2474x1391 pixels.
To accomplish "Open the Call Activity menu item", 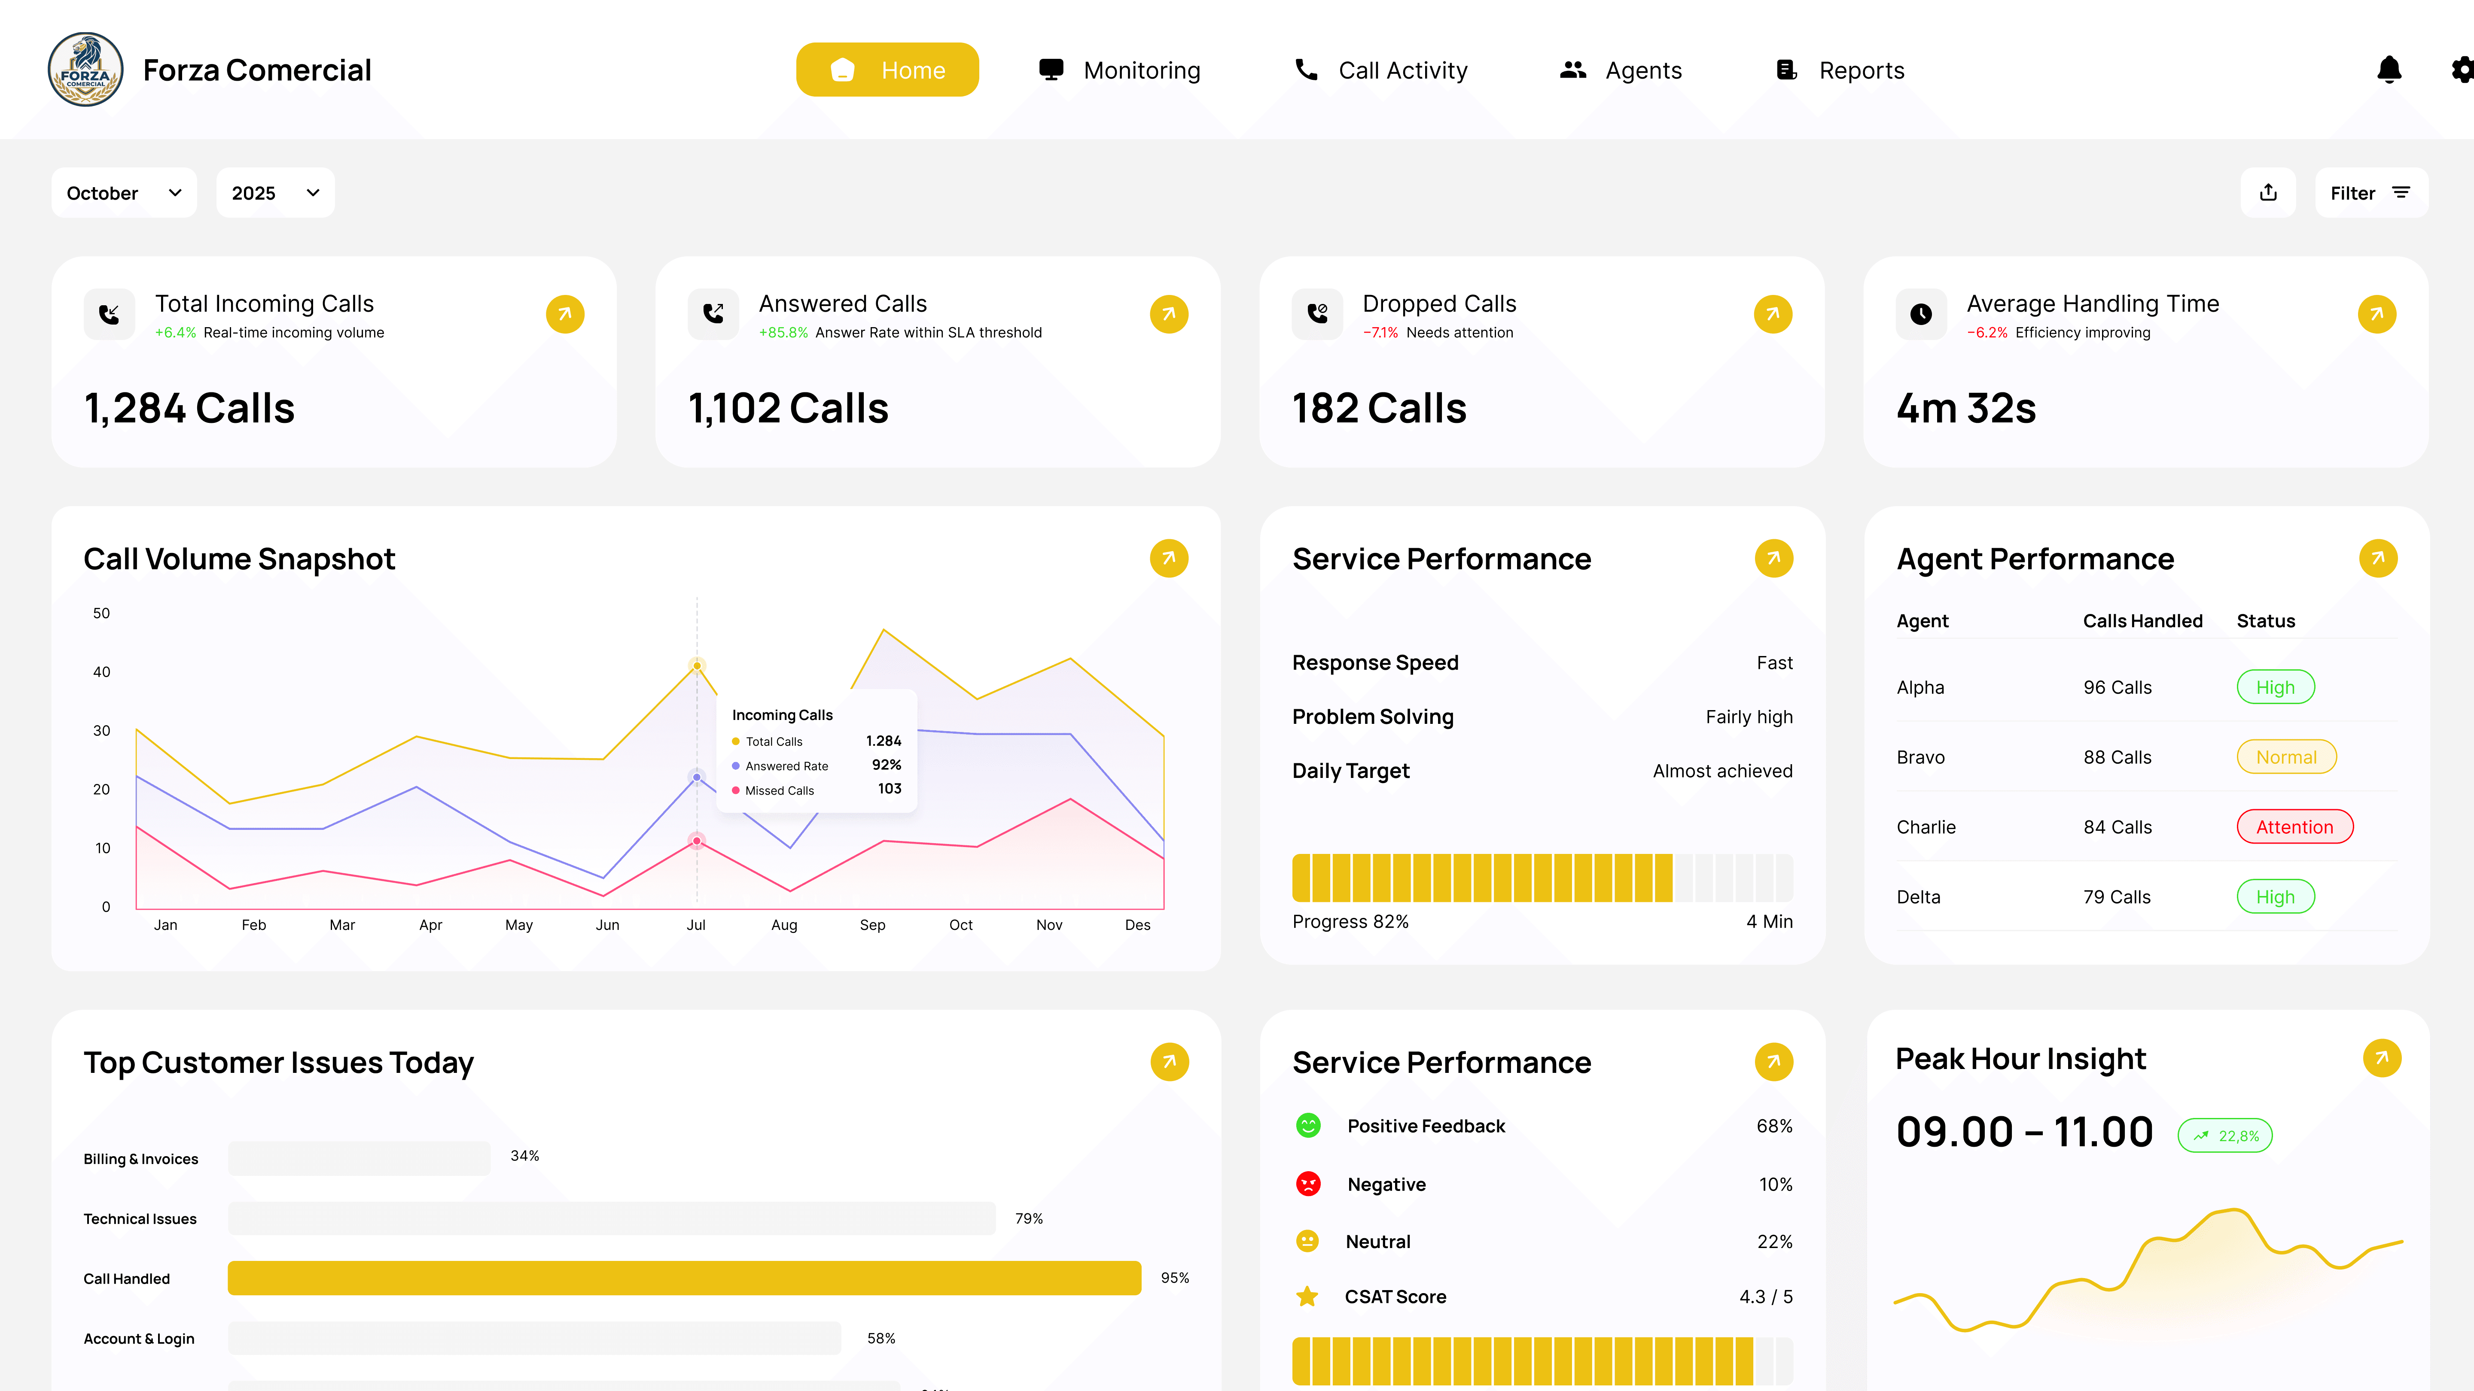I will (1381, 70).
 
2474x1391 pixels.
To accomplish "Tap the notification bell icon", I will (2389, 70).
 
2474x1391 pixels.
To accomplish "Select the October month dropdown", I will (124, 193).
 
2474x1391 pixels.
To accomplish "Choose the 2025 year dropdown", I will (275, 193).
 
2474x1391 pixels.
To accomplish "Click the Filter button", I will (2370, 193).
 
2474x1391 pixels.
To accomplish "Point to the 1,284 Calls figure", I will (189, 408).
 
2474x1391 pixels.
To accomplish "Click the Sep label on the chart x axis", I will (872, 924).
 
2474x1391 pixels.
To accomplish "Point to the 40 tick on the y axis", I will (102, 672).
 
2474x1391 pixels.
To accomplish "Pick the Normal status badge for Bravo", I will (2286, 757).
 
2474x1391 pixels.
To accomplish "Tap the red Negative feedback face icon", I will (1308, 1184).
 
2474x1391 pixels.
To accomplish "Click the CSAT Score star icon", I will (1307, 1297).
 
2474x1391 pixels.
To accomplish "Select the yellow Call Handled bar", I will (684, 1278).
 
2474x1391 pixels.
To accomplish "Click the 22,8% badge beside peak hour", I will (2225, 1136).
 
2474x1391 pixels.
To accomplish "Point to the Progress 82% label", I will (1350, 922).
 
